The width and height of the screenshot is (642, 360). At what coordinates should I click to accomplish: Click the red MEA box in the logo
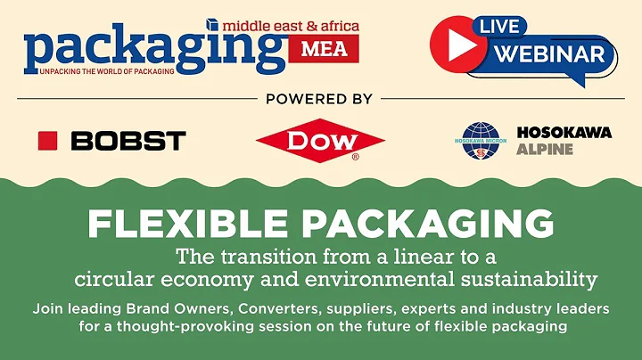[x=322, y=49]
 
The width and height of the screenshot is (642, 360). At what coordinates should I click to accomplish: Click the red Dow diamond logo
[x=320, y=140]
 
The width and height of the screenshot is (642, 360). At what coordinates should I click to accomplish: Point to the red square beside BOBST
[x=47, y=140]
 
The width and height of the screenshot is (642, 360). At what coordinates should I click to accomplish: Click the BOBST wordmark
[x=128, y=140]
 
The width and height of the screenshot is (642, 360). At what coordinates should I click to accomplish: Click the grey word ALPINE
[x=545, y=149]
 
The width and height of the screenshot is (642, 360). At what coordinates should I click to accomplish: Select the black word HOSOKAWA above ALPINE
[x=564, y=132]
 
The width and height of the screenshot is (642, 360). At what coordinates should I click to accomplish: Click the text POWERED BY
[x=319, y=99]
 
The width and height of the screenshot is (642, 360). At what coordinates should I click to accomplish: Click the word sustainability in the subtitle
[x=531, y=280]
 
